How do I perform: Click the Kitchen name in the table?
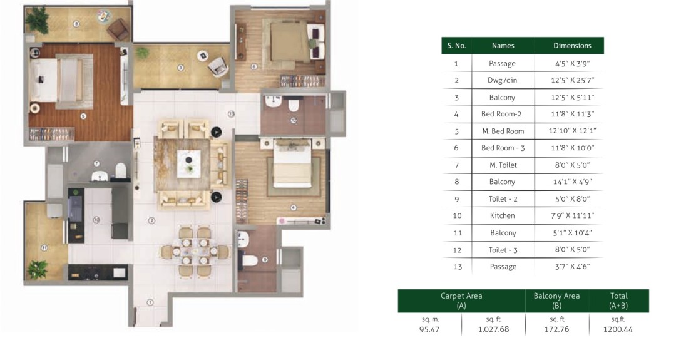click(502, 215)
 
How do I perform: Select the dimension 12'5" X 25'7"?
click(572, 80)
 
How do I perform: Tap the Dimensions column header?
click(572, 46)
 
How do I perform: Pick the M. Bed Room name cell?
click(503, 131)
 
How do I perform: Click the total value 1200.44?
click(618, 329)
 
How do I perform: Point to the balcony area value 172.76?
click(556, 329)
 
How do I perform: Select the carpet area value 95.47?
click(429, 329)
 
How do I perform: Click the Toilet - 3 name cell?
click(503, 250)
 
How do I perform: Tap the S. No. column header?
click(456, 46)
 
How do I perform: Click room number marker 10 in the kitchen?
click(96, 220)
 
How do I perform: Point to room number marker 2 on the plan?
click(151, 221)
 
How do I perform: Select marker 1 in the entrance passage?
click(150, 302)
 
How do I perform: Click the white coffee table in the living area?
click(189, 164)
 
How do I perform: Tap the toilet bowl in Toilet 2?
click(250, 260)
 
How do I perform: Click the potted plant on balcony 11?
click(38, 270)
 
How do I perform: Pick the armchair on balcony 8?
click(118, 29)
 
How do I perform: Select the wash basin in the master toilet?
click(100, 176)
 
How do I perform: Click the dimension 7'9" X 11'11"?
click(572, 215)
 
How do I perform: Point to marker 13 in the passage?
click(231, 114)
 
